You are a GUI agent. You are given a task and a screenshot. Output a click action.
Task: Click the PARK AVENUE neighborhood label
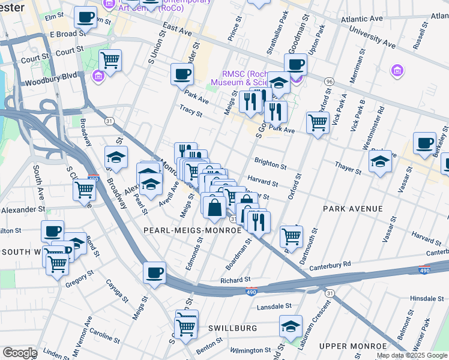[x=352, y=209]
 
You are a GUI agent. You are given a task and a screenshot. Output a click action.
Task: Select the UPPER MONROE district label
[x=352, y=347]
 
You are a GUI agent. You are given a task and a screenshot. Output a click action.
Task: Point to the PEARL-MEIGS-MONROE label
[x=192, y=230]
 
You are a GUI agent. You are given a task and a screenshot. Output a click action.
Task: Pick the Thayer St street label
[x=348, y=171]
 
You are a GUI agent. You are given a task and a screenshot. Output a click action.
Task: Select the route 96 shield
[x=329, y=81]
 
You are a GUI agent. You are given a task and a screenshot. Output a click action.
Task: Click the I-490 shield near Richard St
[x=252, y=292]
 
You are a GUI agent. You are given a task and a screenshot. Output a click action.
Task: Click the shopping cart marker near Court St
[x=110, y=59]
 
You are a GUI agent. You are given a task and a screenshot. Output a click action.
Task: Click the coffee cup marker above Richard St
[x=154, y=272]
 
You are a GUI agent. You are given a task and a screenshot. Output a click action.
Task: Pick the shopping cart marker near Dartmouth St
[x=291, y=235]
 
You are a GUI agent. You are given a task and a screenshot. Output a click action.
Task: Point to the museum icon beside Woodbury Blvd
[x=98, y=76]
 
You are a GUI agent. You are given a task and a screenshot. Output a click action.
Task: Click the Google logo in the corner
[x=20, y=353]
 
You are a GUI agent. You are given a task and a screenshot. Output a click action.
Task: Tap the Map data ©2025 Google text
[x=411, y=355]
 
